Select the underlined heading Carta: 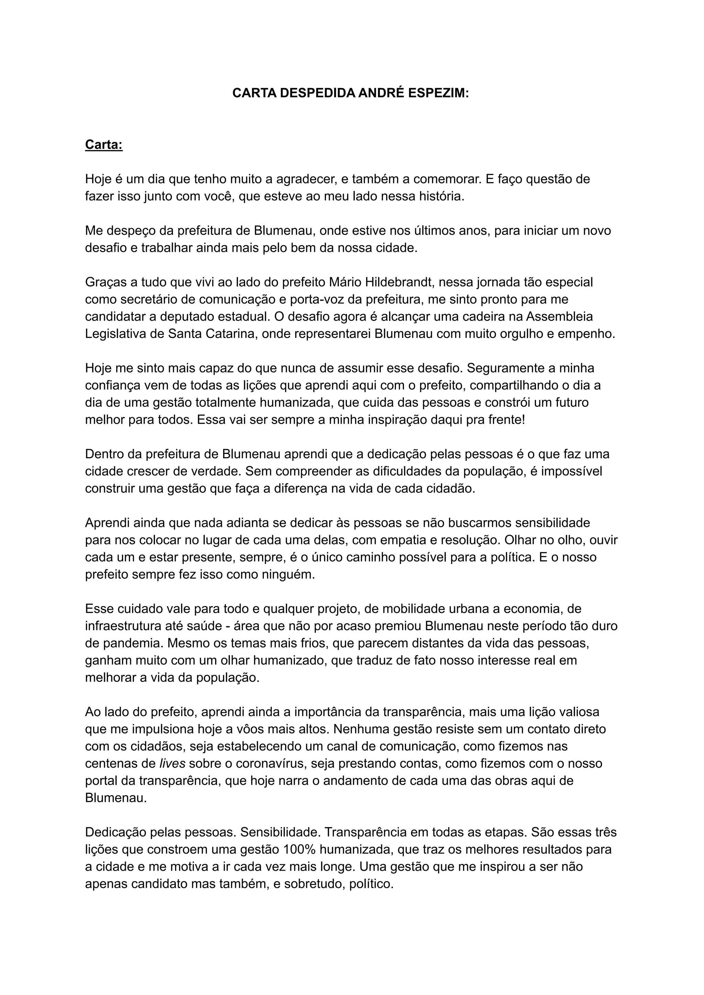coord(103,144)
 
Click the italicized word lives coord(173,764)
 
